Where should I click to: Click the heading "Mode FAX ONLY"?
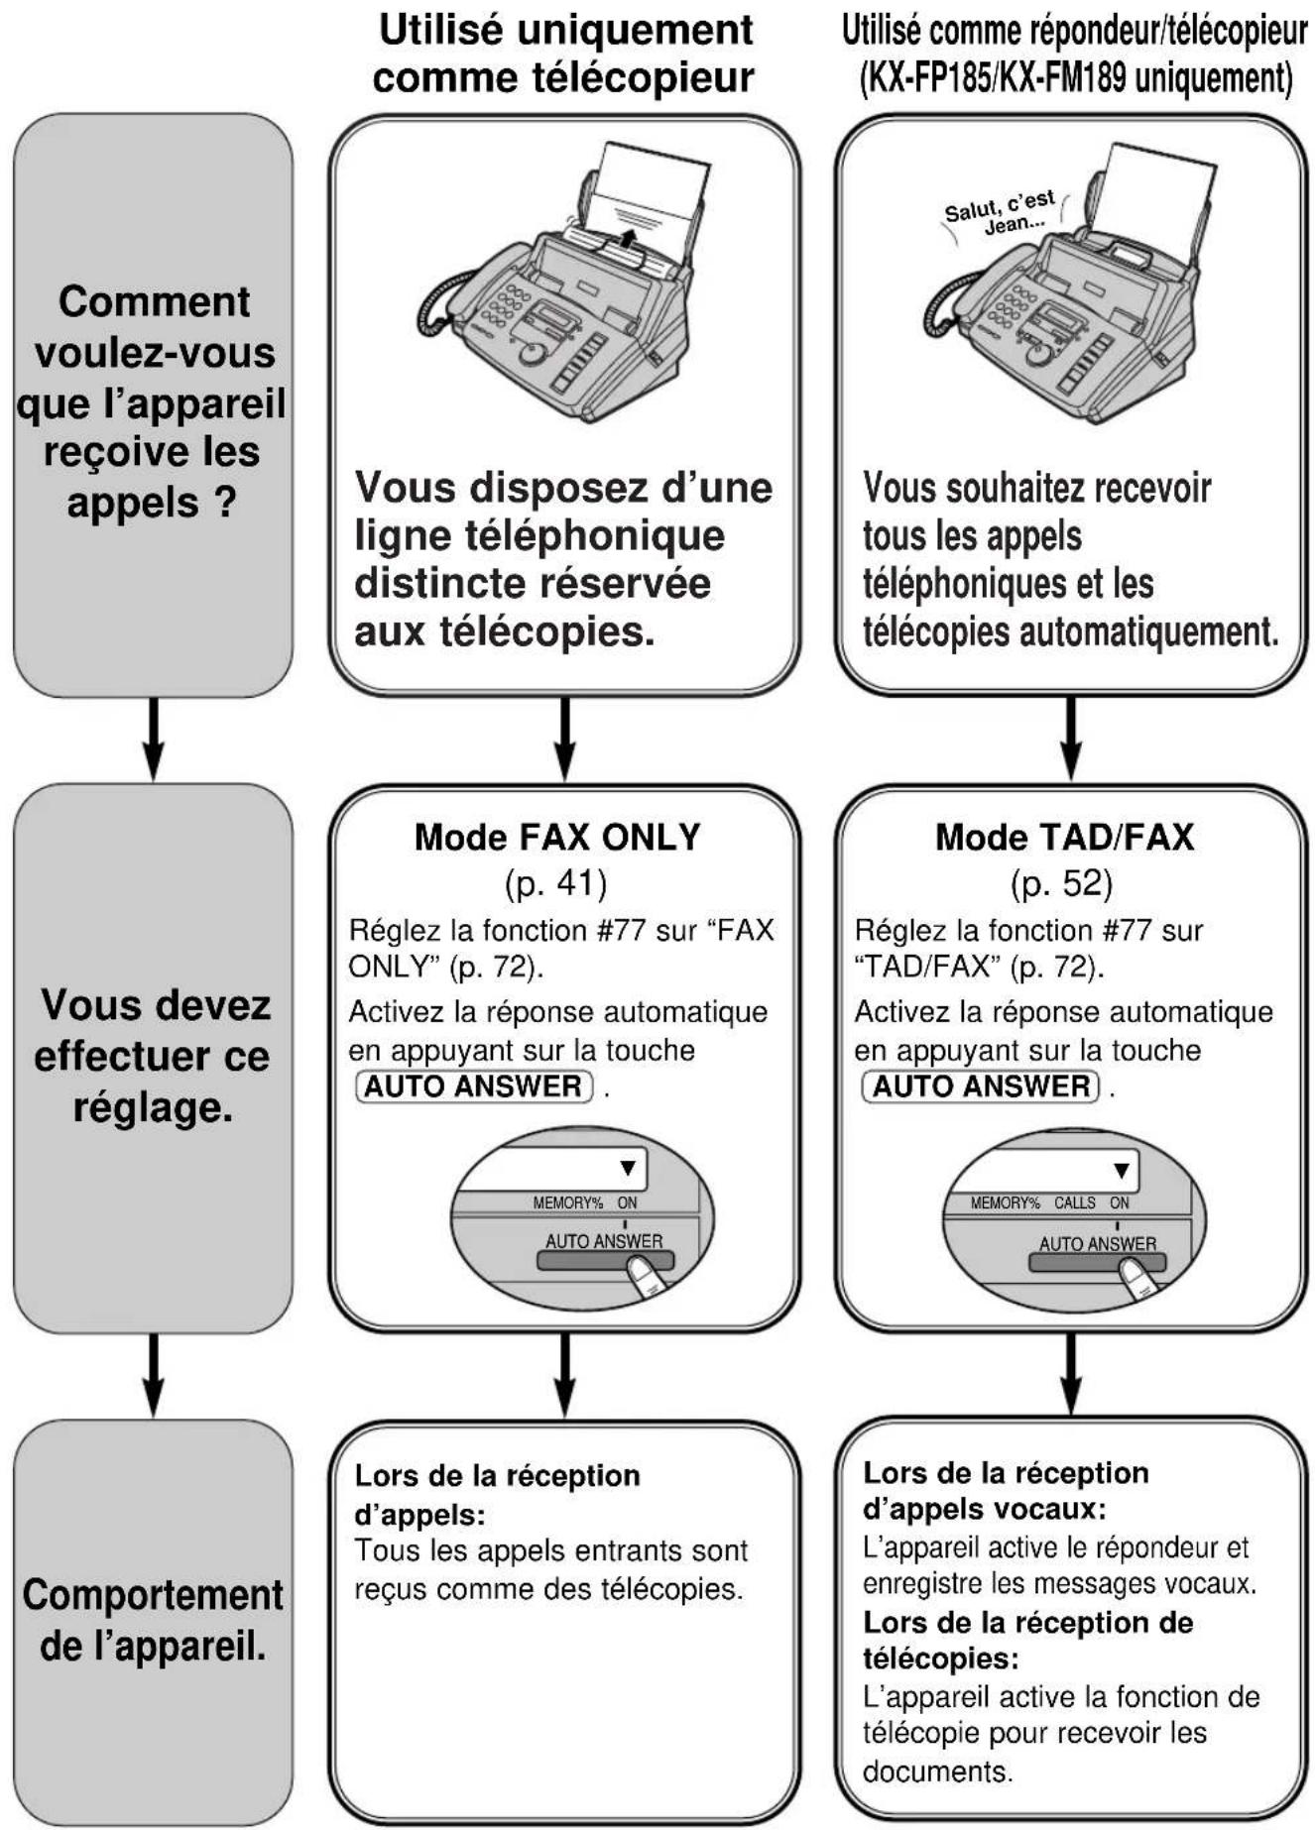pyautogui.click(x=557, y=838)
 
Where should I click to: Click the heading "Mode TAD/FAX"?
pyautogui.click(x=1064, y=838)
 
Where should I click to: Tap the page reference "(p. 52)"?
pyautogui.click(x=1061, y=882)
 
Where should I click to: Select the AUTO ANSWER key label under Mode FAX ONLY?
pyautogui.click(x=474, y=1087)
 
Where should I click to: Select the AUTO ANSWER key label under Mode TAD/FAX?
pyautogui.click(x=981, y=1087)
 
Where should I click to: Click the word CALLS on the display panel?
pyautogui.click(x=1074, y=1202)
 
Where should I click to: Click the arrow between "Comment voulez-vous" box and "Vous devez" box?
pyautogui.click(x=153, y=739)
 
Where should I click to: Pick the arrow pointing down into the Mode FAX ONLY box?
pyautogui.click(x=563, y=739)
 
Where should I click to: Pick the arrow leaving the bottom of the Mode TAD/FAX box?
pyautogui.click(x=1070, y=1374)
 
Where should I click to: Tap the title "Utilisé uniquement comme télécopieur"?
pyautogui.click(x=564, y=54)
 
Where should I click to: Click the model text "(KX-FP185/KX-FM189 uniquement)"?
pyautogui.click(x=1074, y=77)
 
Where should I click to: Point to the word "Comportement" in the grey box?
pyautogui.click(x=153, y=1596)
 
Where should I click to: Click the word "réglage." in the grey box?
pyautogui.click(x=153, y=1105)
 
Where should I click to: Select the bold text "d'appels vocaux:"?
pyautogui.click(x=984, y=1510)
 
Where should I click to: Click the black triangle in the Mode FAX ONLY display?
pyautogui.click(x=628, y=1168)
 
